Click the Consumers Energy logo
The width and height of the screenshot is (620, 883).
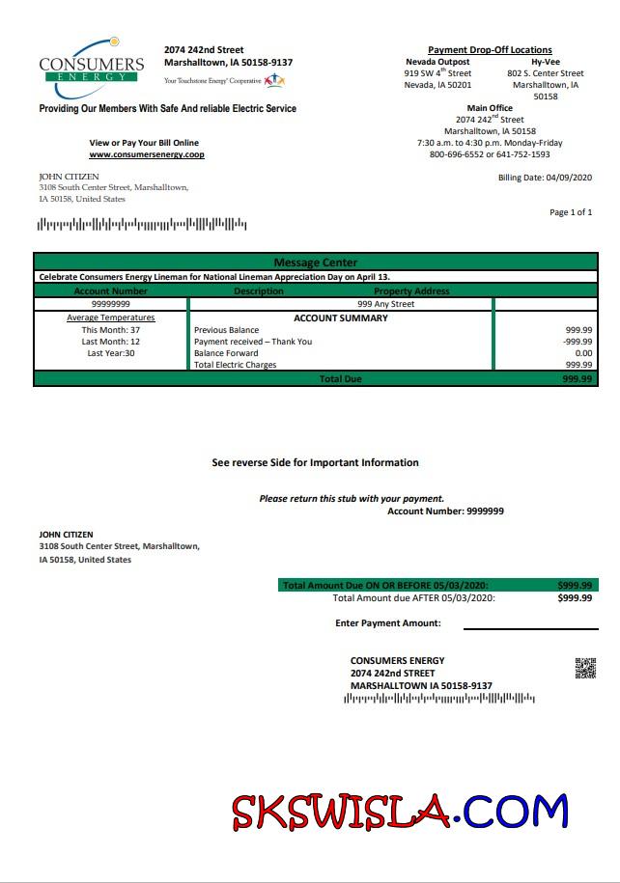point(91,67)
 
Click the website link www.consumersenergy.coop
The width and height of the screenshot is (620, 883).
point(147,154)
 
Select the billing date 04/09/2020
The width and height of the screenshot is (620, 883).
point(569,178)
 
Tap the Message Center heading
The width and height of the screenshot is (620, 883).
point(315,262)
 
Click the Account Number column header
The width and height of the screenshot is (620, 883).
point(111,290)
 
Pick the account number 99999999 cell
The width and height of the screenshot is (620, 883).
point(111,304)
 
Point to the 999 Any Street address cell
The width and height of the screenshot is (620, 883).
point(385,304)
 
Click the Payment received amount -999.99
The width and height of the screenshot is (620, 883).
point(578,342)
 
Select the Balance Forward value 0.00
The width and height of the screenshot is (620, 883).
point(582,353)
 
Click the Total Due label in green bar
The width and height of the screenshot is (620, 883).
point(340,379)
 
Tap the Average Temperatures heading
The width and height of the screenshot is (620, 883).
point(111,317)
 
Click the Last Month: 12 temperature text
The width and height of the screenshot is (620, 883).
point(111,342)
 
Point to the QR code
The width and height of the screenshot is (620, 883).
point(585,668)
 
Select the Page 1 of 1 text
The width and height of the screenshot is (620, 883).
point(571,212)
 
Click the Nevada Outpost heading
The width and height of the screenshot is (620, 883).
point(437,62)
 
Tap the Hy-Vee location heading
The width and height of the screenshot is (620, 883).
point(546,62)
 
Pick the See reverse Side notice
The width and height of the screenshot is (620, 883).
point(315,463)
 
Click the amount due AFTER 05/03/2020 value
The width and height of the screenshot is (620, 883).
point(575,598)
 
